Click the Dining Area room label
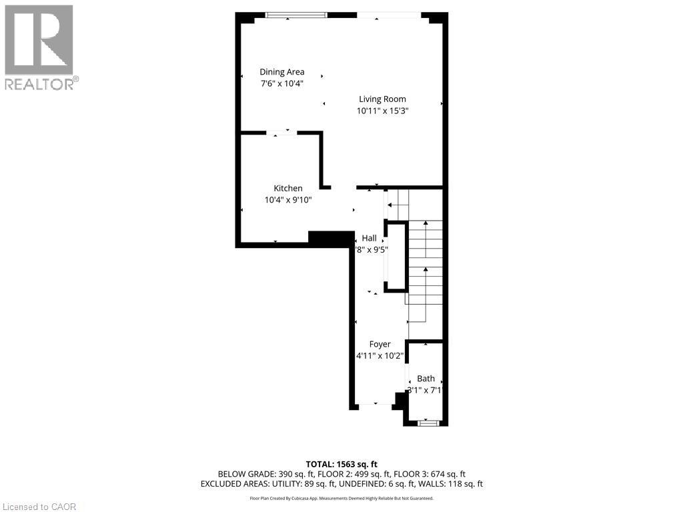click(282, 72)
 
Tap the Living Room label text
click(382, 99)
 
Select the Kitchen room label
click(287, 189)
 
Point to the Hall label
click(369, 238)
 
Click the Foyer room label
click(380, 345)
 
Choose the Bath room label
click(426, 379)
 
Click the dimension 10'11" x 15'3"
click(382, 111)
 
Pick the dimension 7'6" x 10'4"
click(282, 84)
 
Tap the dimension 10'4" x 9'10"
click(287, 200)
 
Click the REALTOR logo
click(39, 47)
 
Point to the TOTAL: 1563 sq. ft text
click(341, 464)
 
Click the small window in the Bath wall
click(427, 422)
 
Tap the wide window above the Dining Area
click(296, 15)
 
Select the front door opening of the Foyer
click(375, 405)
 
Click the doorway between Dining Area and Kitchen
click(282, 133)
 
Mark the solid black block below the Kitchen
click(331, 239)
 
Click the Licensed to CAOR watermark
click(39, 507)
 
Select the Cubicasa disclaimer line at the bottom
click(341, 498)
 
